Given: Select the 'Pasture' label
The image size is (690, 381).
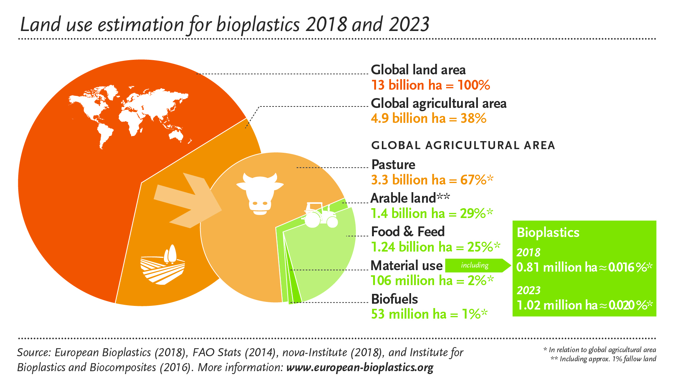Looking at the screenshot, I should coord(393,165).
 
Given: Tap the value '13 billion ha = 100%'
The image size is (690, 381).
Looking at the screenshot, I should coord(430,85).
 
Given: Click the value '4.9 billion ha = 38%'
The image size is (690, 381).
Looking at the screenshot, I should coord(429,118).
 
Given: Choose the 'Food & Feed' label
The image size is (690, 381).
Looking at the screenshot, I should coord(408,232).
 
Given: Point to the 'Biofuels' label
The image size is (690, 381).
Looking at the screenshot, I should coord(394,299).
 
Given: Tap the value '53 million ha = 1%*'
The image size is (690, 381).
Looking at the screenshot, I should coord(429,314).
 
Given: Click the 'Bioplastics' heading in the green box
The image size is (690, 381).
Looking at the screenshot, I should coord(548,233).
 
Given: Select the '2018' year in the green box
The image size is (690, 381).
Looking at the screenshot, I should coord(528,252).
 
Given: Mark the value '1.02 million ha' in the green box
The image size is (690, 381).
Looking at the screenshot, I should coord(557,305).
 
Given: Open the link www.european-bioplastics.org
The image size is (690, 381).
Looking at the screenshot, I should coord(360,367).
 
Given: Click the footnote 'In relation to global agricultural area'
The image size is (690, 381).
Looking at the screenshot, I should coord(602,350).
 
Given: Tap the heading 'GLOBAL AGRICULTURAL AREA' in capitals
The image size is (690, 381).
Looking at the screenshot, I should coord(463,145).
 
